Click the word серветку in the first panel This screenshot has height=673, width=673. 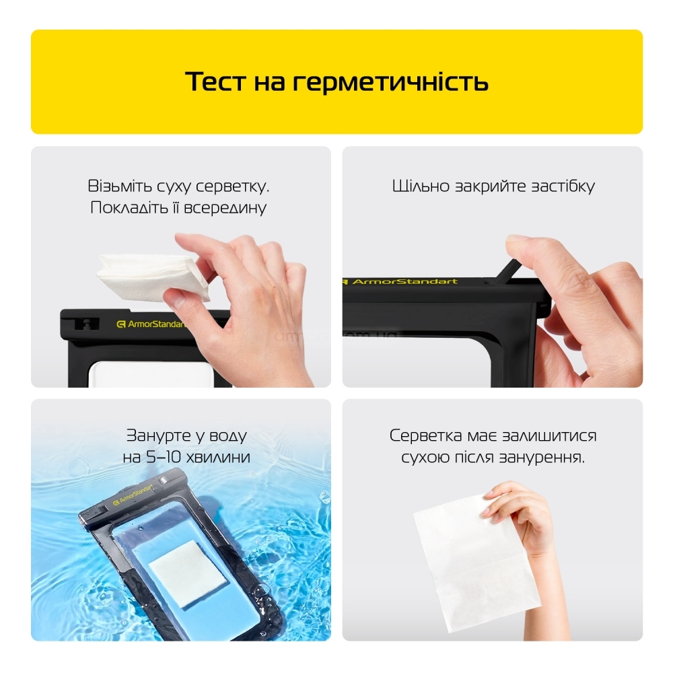click(233, 186)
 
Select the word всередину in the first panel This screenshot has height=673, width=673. click(225, 208)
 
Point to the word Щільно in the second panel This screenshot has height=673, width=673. click(421, 186)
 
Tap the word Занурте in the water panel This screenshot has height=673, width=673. click(157, 436)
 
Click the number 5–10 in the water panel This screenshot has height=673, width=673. click(164, 457)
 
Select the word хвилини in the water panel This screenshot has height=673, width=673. click(218, 457)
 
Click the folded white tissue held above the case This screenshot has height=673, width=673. click(152, 277)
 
